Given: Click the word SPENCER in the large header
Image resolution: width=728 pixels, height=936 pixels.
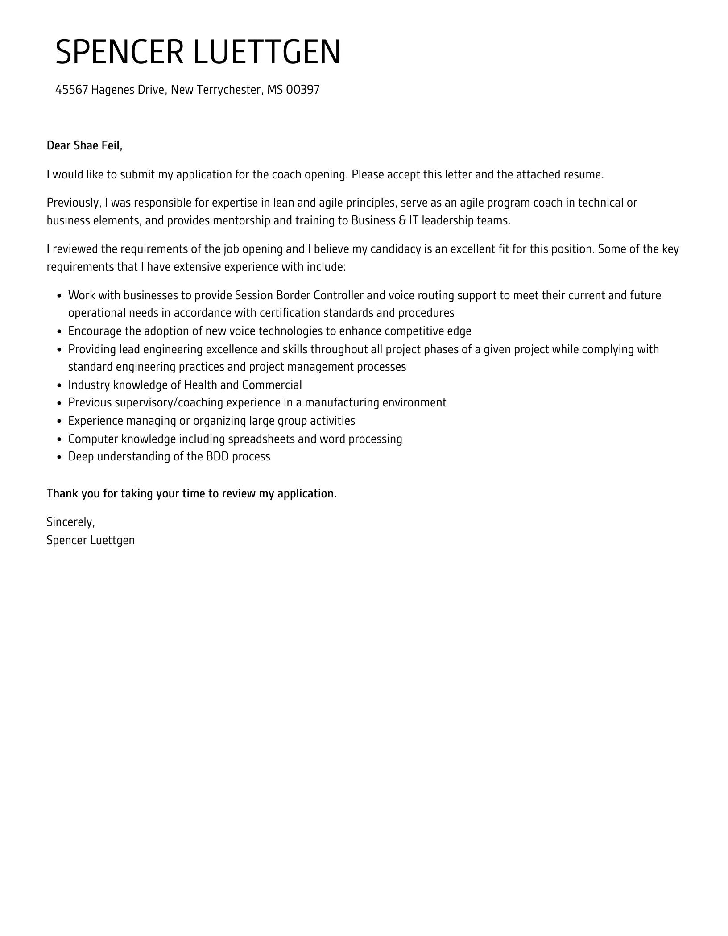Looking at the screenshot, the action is pos(119,52).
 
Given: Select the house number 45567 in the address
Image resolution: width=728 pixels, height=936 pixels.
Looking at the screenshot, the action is pos(71,90).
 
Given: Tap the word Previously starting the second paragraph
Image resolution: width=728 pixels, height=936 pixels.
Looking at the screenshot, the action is pos(73,203).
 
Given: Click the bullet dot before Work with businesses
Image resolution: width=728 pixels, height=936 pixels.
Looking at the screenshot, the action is pos(59,296).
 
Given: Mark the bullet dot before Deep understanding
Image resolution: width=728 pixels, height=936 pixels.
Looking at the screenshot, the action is pos(59,457).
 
